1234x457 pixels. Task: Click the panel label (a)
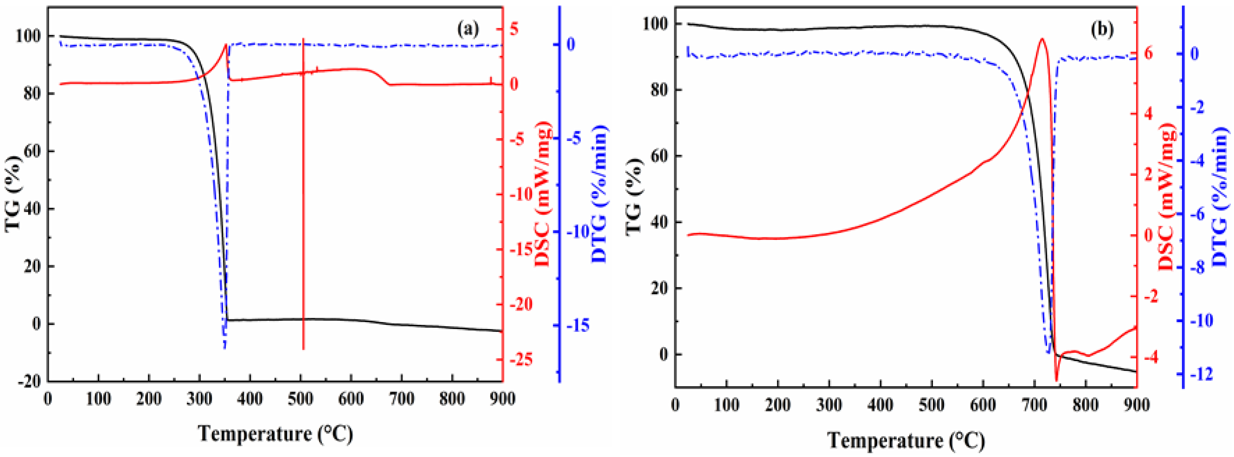(467, 30)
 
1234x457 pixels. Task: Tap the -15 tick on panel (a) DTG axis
(578, 326)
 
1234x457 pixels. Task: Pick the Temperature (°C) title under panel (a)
(275, 434)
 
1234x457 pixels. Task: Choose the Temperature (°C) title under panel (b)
(906, 440)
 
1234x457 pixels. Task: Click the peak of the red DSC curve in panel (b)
(1042, 39)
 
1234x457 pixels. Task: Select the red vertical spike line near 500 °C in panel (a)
(303, 192)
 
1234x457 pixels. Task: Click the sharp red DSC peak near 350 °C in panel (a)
(226, 45)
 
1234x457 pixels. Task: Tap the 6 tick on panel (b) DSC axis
(1148, 53)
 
